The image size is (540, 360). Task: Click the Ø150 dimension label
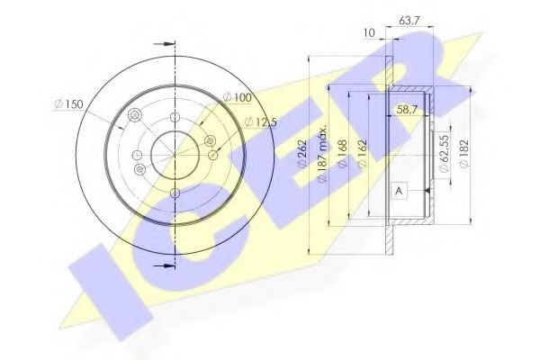(67, 105)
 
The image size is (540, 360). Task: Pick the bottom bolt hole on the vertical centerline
(173, 192)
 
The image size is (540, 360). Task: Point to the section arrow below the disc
(163, 266)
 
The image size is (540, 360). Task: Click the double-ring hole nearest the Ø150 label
(135, 116)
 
